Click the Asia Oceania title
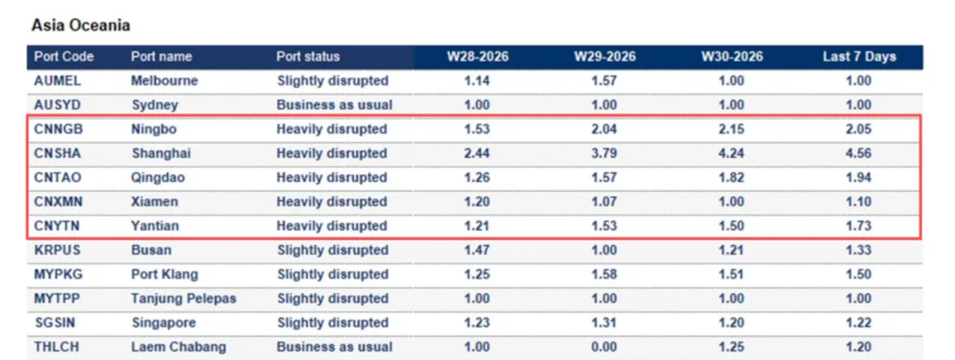click(80, 26)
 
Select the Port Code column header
click(64, 57)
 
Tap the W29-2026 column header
click(605, 57)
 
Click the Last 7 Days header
click(859, 57)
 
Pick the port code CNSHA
click(57, 154)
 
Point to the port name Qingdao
click(158, 178)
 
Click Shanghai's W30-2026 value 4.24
click(731, 154)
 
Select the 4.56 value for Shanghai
click(859, 154)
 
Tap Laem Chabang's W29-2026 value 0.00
click(605, 348)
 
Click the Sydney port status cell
click(334, 104)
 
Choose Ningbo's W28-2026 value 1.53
click(477, 129)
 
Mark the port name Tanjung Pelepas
click(184, 299)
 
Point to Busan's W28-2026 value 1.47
click(477, 250)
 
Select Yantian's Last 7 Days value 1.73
click(859, 226)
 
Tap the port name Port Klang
click(164, 275)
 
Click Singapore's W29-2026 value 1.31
click(605, 323)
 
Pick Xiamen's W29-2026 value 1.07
click(605, 202)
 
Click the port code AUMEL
click(57, 80)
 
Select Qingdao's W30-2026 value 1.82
click(731, 178)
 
